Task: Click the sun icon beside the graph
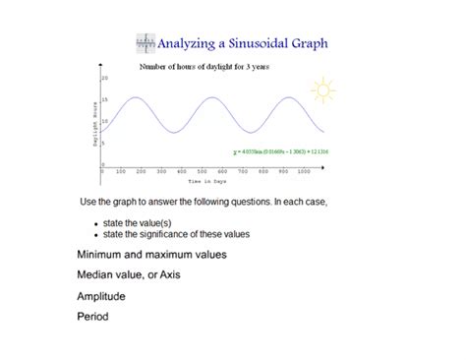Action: pyautogui.click(x=322, y=90)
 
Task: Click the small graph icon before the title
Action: pyautogui.click(x=145, y=42)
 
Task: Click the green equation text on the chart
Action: pyautogui.click(x=280, y=152)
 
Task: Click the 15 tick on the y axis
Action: pyautogui.click(x=103, y=99)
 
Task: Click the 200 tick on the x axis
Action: pyautogui.click(x=143, y=171)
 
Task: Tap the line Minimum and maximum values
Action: pyautogui.click(x=151, y=254)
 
